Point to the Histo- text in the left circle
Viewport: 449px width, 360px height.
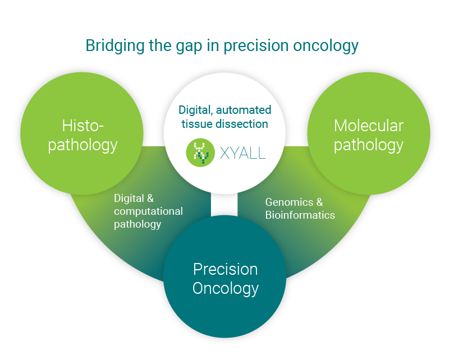coord(83,126)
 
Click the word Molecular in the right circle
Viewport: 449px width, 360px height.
coord(369,126)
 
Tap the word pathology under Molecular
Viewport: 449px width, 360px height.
coord(369,145)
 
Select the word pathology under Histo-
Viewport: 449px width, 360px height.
coord(83,145)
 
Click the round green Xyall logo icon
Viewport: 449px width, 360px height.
coord(200,153)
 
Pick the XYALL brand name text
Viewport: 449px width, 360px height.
coord(242,153)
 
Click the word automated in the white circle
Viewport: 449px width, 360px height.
coord(244,110)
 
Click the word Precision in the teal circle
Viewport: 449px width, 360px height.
coord(226,269)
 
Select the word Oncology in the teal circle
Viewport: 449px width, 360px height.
coord(226,288)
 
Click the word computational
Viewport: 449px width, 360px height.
coord(148,211)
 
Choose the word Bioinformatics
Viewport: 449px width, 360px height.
coord(300,215)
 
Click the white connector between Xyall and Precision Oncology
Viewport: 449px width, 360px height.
coord(224,204)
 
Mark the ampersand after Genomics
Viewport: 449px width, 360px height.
coord(319,202)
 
